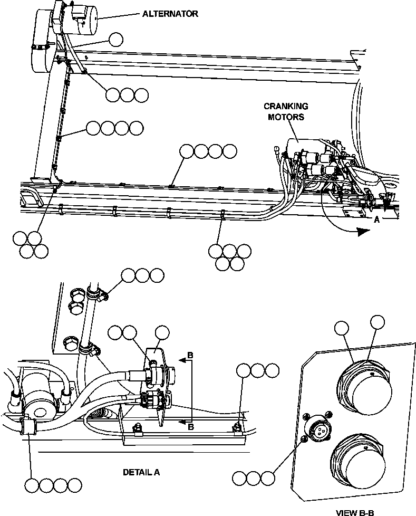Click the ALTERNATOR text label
[170, 14]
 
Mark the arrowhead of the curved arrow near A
[364, 231]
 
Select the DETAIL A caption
[141, 472]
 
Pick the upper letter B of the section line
[191, 356]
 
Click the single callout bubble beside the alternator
[117, 39]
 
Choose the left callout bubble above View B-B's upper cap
[343, 328]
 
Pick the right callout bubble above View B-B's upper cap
[378, 322]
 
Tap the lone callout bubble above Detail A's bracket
[162, 332]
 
